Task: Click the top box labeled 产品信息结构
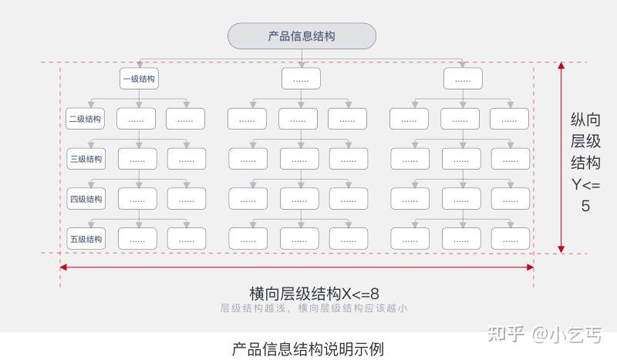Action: pyautogui.click(x=302, y=36)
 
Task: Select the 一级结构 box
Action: pyautogui.click(x=140, y=78)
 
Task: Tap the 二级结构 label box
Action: pyautogui.click(x=85, y=119)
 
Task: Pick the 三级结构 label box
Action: pyautogui.click(x=86, y=159)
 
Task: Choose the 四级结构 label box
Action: pyautogui.click(x=86, y=199)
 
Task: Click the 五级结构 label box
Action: pyautogui.click(x=86, y=239)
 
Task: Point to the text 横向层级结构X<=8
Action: pyautogui.click(x=314, y=294)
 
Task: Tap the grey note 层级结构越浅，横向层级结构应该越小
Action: pyautogui.click(x=313, y=308)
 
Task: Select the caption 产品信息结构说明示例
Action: pyautogui.click(x=308, y=348)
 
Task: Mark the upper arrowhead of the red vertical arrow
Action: pyautogui.click(x=561, y=68)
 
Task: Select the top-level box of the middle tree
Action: pyautogui.click(x=301, y=78)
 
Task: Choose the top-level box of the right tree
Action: pyautogui.click(x=463, y=78)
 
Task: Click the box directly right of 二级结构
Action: pyautogui.click(x=136, y=119)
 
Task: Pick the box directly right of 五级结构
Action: pyautogui.click(x=137, y=239)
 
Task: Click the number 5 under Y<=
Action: pyautogui.click(x=585, y=206)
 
